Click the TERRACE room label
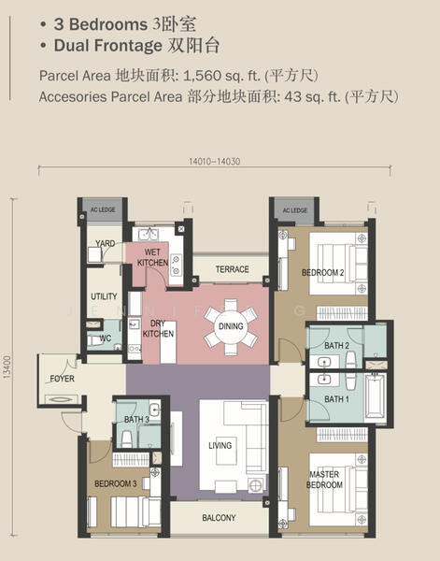[232, 269]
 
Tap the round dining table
[231, 326]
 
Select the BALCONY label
[219, 518]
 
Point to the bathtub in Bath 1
[375, 396]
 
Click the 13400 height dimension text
[7, 367]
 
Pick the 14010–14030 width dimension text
[215, 162]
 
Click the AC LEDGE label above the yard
[103, 209]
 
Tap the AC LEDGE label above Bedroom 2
[295, 210]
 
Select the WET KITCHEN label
[152, 257]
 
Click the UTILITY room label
[104, 296]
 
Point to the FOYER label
[63, 379]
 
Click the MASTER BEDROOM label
[324, 480]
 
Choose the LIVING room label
[220, 445]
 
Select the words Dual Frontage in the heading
[108, 46]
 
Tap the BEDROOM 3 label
[116, 483]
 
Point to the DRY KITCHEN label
[158, 328]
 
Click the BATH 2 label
[336, 346]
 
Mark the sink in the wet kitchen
[149, 235]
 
